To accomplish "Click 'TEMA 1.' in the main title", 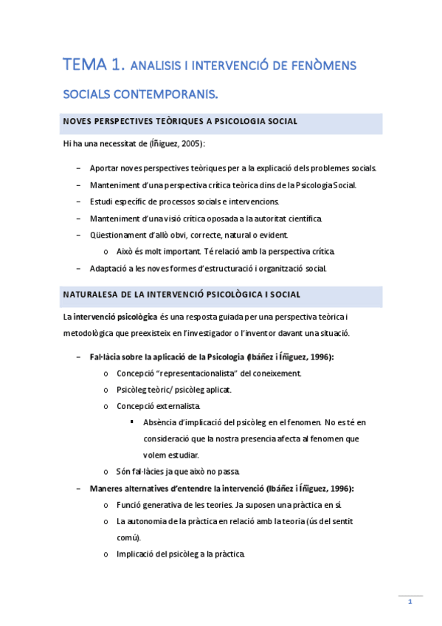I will point(94,66).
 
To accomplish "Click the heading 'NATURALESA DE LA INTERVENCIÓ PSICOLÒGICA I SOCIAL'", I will point(182,295).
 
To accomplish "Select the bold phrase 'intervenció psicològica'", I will point(114,317).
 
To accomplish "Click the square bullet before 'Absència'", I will point(131,422).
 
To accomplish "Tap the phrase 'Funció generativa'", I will point(150,505).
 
